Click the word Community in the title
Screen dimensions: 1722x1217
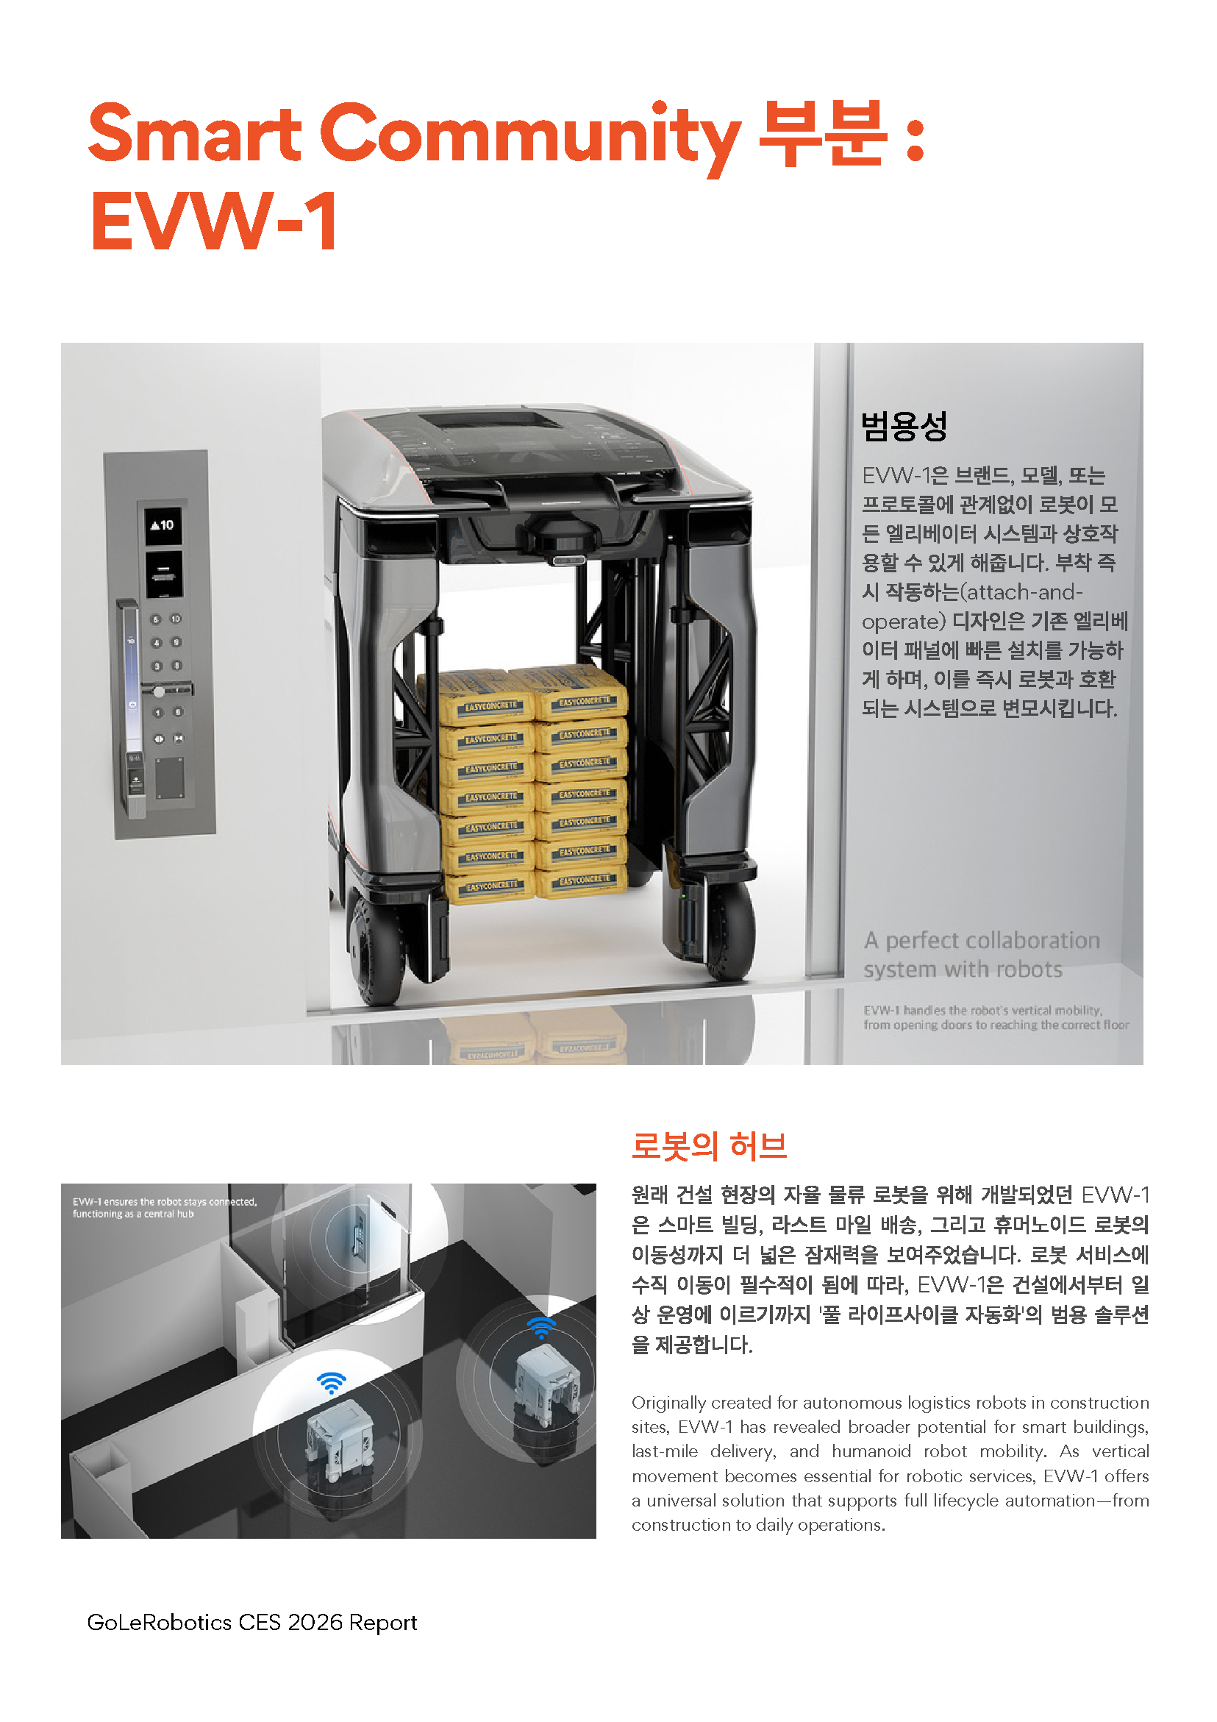[x=529, y=135]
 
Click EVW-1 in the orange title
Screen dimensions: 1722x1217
[x=215, y=221]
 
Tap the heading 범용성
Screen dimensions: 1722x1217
[x=904, y=426]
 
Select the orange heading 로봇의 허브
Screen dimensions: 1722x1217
[x=709, y=1146]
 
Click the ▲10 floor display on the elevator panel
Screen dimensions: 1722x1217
[x=163, y=525]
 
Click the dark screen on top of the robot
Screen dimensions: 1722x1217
[x=491, y=420]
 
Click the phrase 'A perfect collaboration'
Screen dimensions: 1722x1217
[x=982, y=941]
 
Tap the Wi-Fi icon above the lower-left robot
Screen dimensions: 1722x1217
[x=331, y=1382]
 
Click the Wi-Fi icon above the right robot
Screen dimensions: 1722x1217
[x=540, y=1327]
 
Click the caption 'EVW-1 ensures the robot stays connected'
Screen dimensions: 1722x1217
[x=164, y=1201]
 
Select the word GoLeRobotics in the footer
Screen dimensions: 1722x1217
[x=159, y=1622]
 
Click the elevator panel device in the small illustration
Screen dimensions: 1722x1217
[x=357, y=1233]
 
